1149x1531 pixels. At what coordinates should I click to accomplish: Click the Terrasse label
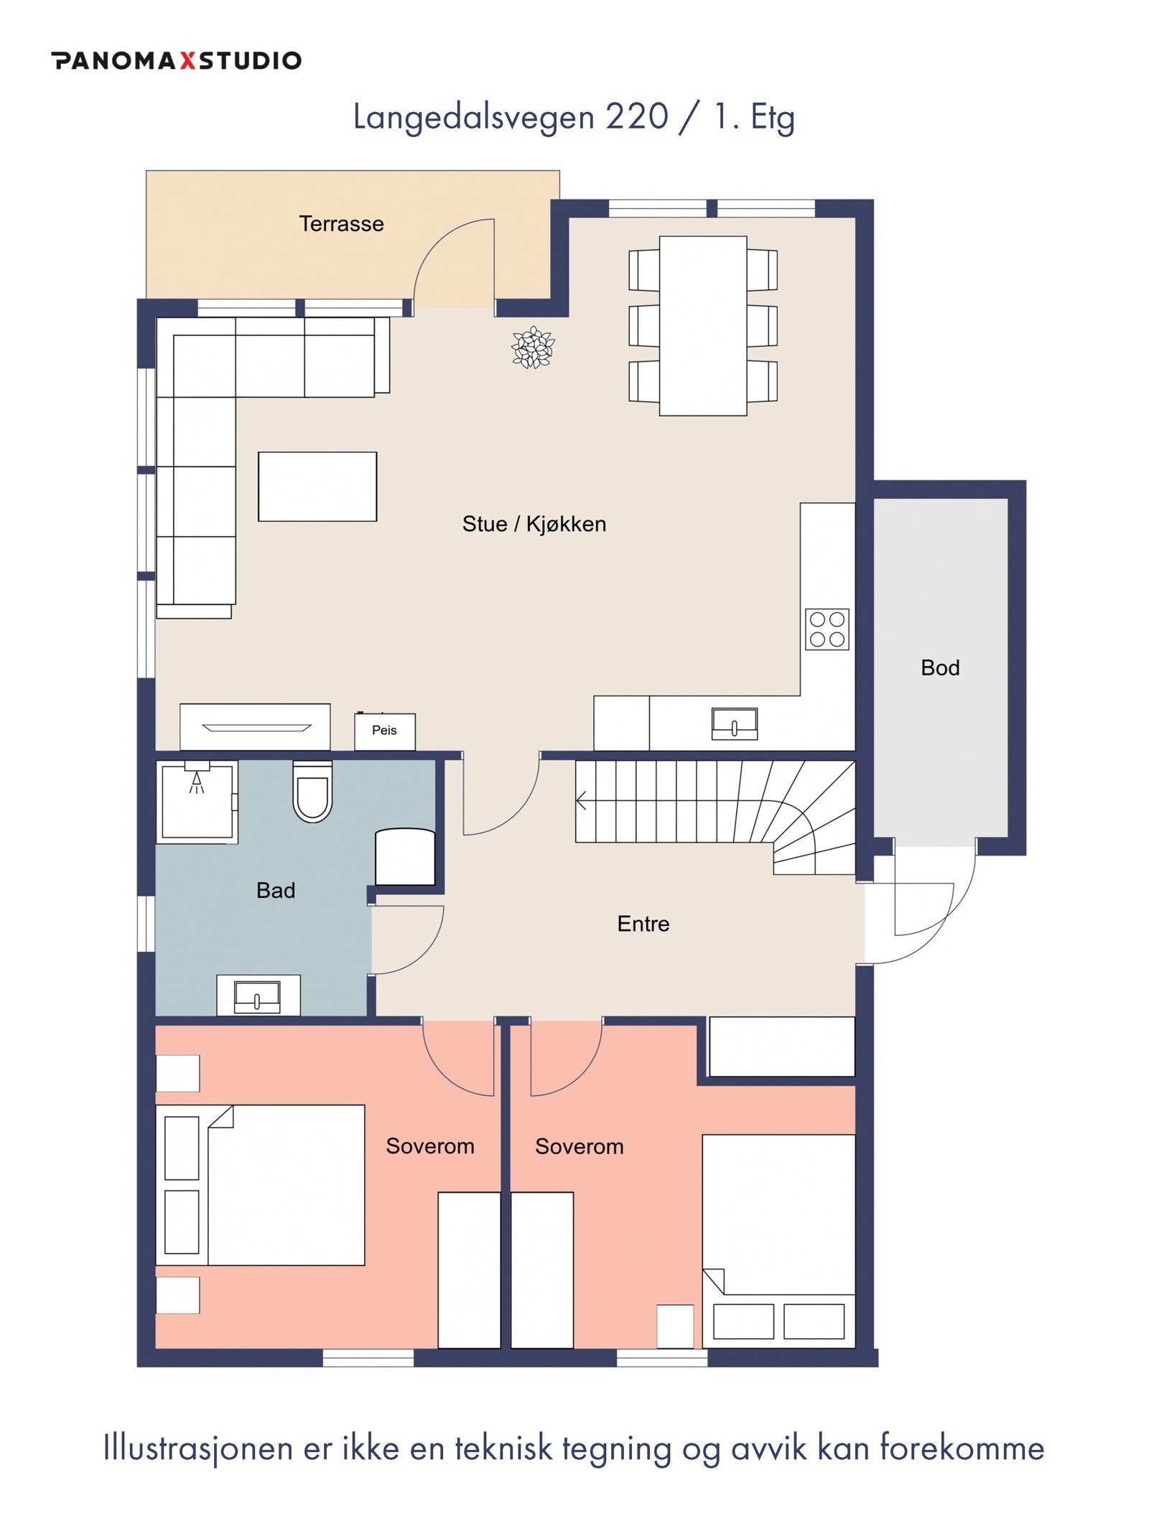click(x=341, y=224)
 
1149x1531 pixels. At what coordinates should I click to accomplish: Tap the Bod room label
click(x=940, y=668)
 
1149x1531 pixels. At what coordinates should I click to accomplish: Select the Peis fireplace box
click(x=384, y=731)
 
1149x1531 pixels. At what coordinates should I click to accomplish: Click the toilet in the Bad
click(x=312, y=792)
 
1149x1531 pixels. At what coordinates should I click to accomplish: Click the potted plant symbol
click(x=533, y=347)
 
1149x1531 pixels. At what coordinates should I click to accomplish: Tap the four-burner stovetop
click(x=827, y=629)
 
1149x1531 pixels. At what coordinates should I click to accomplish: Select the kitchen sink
click(x=734, y=724)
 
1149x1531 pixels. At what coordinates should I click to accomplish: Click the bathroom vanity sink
click(x=257, y=997)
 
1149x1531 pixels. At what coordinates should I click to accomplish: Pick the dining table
click(x=703, y=326)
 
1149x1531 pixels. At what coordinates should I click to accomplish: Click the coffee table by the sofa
click(x=317, y=487)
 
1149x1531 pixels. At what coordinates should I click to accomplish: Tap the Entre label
click(x=643, y=924)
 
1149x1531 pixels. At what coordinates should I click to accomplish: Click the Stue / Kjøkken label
click(x=534, y=524)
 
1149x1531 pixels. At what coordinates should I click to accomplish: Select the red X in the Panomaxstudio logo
click(x=187, y=60)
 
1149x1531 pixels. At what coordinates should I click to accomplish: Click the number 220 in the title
click(x=637, y=117)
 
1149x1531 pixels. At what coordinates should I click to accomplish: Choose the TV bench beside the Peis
click(x=255, y=727)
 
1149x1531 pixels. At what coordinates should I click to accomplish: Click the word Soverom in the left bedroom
click(x=430, y=1146)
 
